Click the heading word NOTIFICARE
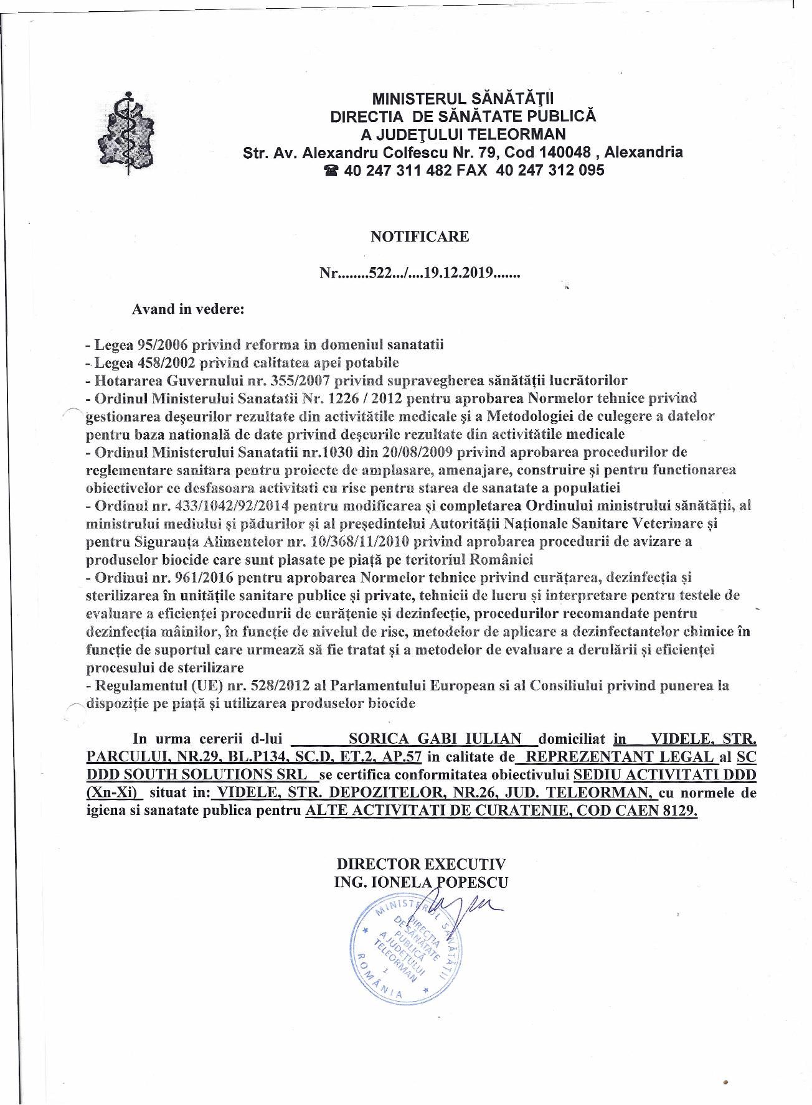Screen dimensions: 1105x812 pos(420,237)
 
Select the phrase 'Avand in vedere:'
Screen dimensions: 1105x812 pos(187,309)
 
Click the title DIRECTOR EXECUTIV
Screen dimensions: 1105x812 pos(421,864)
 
